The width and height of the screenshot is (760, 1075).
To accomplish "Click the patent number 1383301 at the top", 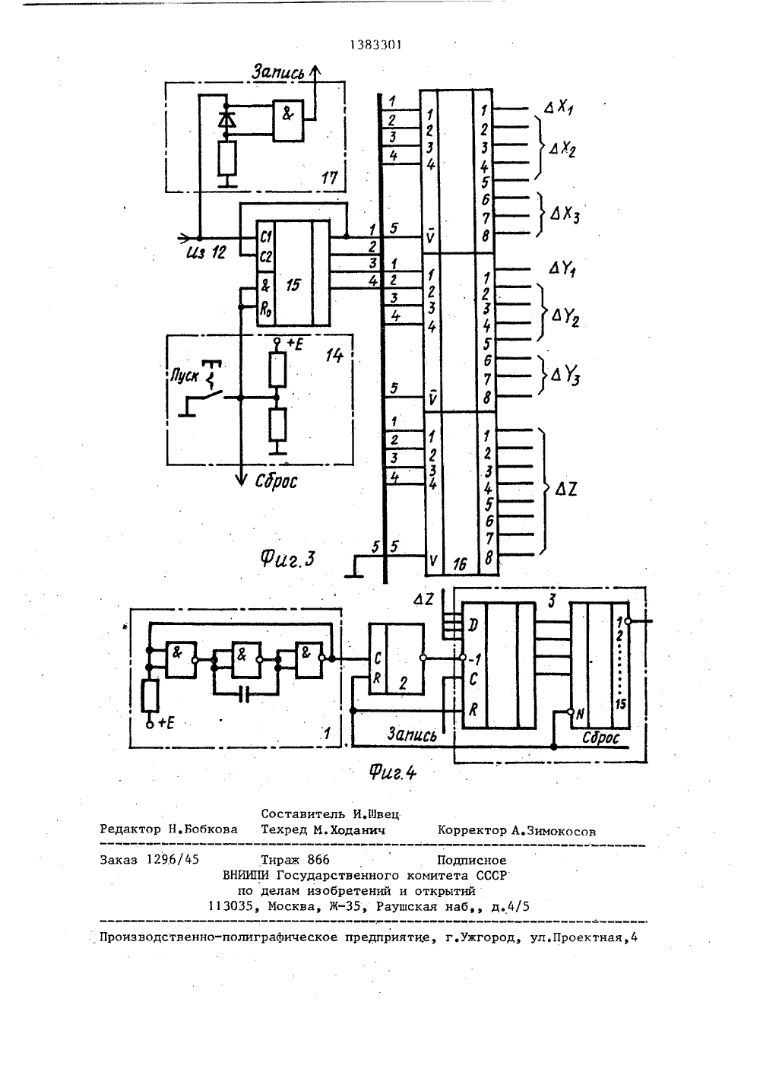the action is pyautogui.click(x=375, y=45).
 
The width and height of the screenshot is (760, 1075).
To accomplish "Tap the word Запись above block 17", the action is pyautogui.click(x=278, y=72).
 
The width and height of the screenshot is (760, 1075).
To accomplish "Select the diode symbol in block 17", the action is pyautogui.click(x=227, y=120).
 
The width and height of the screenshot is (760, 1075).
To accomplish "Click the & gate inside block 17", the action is pyautogui.click(x=288, y=120).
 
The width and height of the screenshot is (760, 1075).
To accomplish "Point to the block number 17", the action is pyautogui.click(x=330, y=178).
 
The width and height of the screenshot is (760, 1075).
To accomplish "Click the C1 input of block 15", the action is pyautogui.click(x=265, y=236).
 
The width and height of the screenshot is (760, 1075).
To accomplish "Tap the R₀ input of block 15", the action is pyautogui.click(x=265, y=309).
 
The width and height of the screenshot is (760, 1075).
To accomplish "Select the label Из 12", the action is pyautogui.click(x=206, y=252).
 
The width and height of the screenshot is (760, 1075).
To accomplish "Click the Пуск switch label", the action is pyautogui.click(x=184, y=375).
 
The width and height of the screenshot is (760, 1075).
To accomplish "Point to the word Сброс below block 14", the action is pyautogui.click(x=275, y=481).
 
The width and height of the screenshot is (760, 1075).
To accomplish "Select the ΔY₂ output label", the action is pyautogui.click(x=565, y=317).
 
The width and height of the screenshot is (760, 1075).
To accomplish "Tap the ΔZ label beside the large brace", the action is pyautogui.click(x=565, y=490).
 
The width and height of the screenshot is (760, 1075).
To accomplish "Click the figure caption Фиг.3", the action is pyautogui.click(x=287, y=559).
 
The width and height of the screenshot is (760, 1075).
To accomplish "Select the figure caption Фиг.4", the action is pyautogui.click(x=392, y=772).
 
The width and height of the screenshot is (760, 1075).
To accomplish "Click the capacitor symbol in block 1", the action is pyautogui.click(x=245, y=694).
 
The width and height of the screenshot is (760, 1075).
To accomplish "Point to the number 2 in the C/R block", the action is pyautogui.click(x=403, y=683).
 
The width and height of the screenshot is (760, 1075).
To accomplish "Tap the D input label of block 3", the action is pyautogui.click(x=473, y=626).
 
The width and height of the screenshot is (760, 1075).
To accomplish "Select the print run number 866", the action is pyautogui.click(x=318, y=859).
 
